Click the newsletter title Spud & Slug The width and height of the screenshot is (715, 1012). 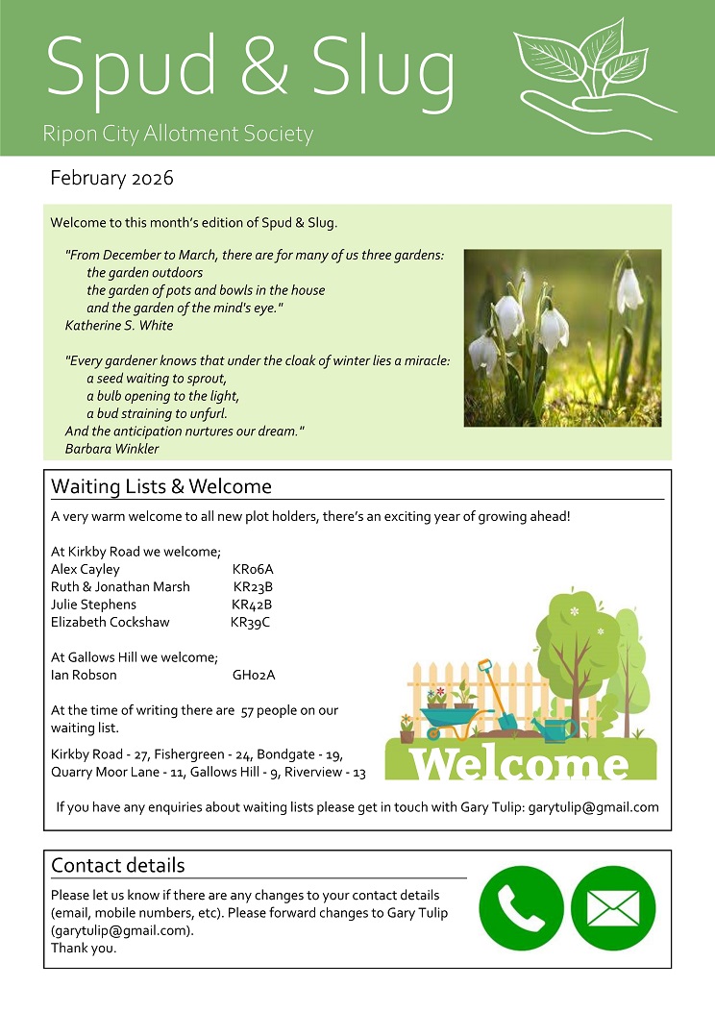(250, 67)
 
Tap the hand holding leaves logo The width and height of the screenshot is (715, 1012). (591, 72)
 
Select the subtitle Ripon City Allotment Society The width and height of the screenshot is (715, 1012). (178, 134)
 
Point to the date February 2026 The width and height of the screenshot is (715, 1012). (111, 178)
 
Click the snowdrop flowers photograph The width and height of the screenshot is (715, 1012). (562, 337)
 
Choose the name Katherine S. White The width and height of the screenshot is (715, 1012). (119, 326)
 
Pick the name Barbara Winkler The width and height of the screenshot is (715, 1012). (111, 449)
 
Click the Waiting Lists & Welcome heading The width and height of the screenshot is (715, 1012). (161, 486)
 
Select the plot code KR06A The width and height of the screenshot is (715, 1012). (253, 570)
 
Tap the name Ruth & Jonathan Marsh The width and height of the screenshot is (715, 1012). (120, 587)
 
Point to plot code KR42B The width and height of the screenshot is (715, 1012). (252, 605)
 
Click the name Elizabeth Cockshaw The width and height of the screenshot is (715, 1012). (110, 622)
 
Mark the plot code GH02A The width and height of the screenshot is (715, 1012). (254, 675)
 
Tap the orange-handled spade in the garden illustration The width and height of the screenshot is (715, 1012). (495, 692)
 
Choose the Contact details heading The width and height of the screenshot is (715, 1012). (118, 865)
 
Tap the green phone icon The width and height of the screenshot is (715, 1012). (521, 908)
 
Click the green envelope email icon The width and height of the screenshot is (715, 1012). (613, 908)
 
